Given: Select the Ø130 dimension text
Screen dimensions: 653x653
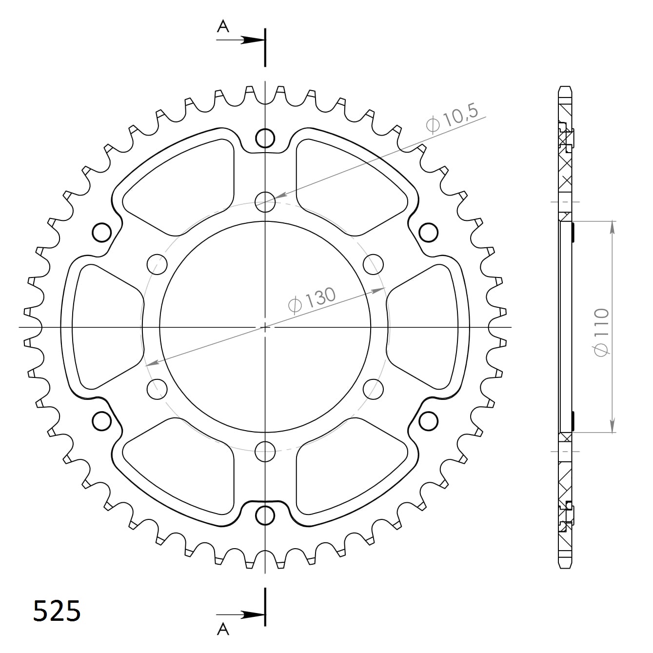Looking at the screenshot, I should coord(312,299).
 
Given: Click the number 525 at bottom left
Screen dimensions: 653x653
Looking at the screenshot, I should coord(57,611).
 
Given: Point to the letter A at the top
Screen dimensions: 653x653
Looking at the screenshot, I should coord(223,26).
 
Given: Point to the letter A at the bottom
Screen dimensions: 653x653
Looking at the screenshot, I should coord(223,630).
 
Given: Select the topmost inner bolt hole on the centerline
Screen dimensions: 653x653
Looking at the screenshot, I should coord(265,200).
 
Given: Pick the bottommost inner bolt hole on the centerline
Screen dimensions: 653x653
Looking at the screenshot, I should coord(265,451).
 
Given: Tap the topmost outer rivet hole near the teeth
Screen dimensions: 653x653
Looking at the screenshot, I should coord(265,138).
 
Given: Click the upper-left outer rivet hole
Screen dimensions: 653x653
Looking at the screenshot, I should coord(102,232).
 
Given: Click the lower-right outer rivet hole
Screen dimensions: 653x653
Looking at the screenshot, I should coord(428,420).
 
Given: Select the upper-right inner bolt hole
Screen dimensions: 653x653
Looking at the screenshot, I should coord(374,264).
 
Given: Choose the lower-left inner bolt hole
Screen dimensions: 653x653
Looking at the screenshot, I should coord(157,389).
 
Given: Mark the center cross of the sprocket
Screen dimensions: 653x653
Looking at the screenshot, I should coord(265,327).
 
